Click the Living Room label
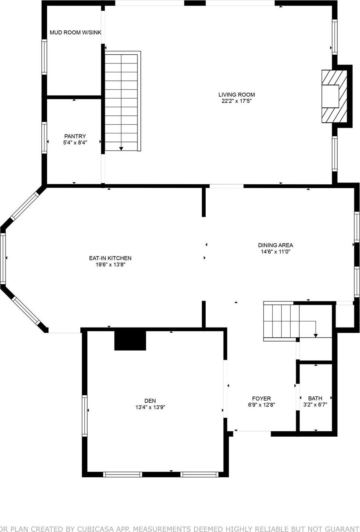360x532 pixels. tap(236, 95)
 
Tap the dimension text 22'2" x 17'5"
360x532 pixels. tap(236, 101)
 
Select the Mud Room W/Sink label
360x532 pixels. tap(76, 33)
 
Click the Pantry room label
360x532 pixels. tap(75, 136)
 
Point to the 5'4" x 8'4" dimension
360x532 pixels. tap(75, 143)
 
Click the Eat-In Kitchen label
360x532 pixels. tap(110, 258)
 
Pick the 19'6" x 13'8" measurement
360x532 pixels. tap(110, 265)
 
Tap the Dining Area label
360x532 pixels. tap(275, 245)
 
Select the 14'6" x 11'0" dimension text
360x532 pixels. tap(275, 252)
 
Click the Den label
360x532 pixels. tap(150, 400)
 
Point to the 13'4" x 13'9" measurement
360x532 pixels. tap(150, 407)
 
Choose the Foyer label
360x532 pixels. tap(261, 398)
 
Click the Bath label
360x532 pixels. tap(315, 398)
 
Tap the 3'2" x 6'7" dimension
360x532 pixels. tap(315, 405)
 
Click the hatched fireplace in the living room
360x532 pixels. tap(334, 96)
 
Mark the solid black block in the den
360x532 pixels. tap(130, 340)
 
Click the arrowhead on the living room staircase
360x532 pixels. tap(121, 148)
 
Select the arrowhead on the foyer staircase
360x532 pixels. tap(316, 335)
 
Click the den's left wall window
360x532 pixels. tap(85, 415)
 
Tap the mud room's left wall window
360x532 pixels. tap(44, 57)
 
